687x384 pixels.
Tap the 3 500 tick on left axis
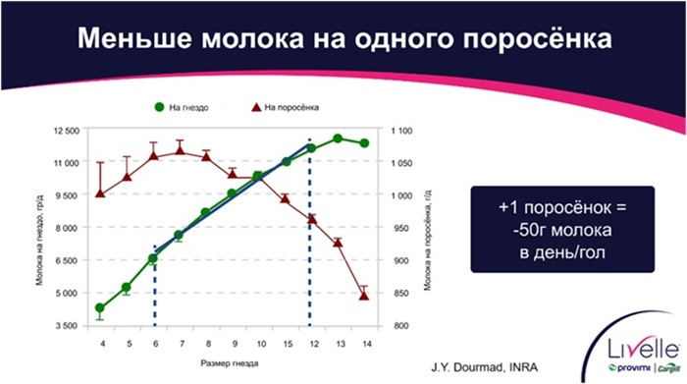point(67,325)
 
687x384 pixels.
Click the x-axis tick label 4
point(101,344)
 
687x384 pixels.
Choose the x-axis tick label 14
point(364,344)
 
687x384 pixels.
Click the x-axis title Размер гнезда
point(232,363)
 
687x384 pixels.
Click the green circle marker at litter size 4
point(100,308)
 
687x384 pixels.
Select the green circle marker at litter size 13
point(338,138)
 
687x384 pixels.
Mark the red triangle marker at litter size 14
point(364,295)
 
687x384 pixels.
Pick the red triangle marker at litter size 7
point(180,150)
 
